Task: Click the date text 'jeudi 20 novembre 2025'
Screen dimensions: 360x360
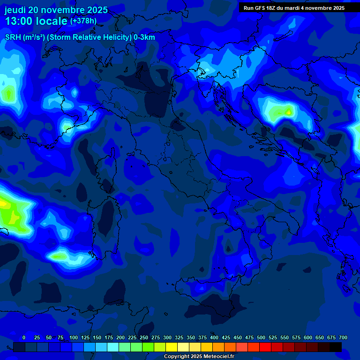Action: pos(56,10)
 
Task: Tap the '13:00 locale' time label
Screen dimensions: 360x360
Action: pos(37,22)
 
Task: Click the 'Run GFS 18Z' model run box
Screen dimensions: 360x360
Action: pos(294,8)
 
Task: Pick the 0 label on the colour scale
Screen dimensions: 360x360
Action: pos(24,337)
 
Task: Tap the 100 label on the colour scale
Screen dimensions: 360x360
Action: pos(74,337)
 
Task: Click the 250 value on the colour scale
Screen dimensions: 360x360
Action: pos(144,337)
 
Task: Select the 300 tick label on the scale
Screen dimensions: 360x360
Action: pos(167,337)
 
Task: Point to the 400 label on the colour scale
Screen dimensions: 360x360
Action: pos(214,337)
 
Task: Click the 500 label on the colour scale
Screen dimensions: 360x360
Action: pos(261,337)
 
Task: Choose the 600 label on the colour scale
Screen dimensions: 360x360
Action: pos(308,337)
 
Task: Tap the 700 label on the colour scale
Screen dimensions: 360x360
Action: pos(343,337)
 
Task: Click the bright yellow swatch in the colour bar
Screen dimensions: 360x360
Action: pos(172,347)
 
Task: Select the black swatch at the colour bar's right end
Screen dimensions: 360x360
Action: pos(336,347)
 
